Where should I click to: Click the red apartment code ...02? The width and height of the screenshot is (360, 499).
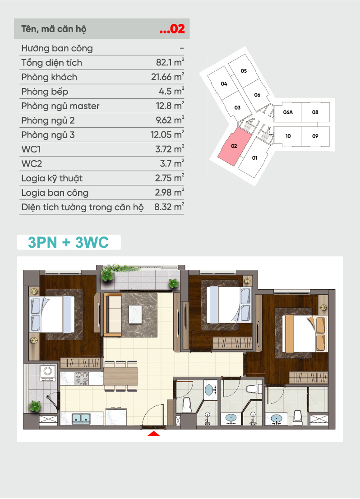172,29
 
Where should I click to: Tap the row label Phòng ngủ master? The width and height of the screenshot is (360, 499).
60,106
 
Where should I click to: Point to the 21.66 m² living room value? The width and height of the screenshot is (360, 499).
167,76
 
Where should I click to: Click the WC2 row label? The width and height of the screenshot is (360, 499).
32,164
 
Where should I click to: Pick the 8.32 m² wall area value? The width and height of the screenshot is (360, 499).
169,207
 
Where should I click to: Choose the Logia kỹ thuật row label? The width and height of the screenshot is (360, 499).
52,178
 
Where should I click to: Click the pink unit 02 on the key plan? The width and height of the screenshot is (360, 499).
235,146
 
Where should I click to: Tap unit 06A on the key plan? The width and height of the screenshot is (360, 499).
287,112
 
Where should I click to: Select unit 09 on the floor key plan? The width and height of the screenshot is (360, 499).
315,136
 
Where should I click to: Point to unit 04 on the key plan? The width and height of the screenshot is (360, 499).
224,83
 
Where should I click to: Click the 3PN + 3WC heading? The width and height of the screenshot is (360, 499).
68,242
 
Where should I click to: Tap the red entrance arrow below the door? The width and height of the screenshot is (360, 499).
154,434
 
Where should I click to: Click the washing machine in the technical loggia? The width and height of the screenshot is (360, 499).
48,373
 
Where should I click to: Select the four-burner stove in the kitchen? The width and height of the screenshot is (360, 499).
82,379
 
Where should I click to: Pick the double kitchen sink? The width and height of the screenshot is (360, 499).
81,419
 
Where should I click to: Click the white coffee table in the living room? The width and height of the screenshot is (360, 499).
135,314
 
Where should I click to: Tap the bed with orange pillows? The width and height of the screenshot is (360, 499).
305,333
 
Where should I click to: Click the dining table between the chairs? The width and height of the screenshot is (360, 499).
121,376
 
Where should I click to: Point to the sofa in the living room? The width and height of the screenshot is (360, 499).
112,315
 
